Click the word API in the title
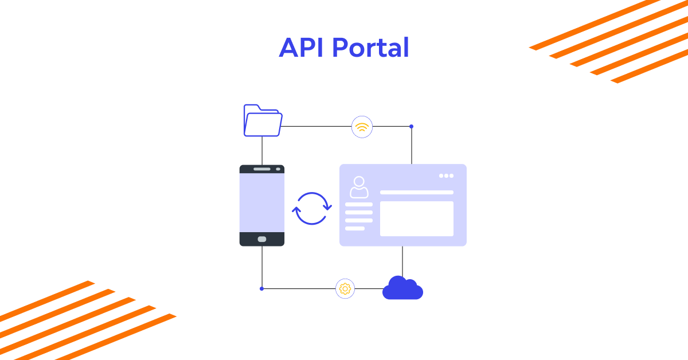point(302,48)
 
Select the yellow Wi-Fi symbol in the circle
point(362,127)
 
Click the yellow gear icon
point(345,288)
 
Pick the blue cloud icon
point(402,288)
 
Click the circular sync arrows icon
point(312,208)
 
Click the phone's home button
point(262,239)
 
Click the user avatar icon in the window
point(359,187)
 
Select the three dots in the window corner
point(446,175)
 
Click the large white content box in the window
point(416,218)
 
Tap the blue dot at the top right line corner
point(411,126)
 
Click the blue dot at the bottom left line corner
point(262,288)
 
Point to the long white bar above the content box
point(416,193)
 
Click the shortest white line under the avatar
point(355,228)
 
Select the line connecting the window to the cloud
point(402,261)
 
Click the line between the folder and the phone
point(262,151)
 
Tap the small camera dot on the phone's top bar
point(278,169)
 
